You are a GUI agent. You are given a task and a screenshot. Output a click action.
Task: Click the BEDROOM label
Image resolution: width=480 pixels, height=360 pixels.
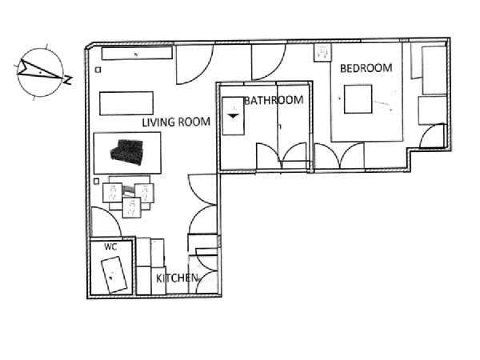366,68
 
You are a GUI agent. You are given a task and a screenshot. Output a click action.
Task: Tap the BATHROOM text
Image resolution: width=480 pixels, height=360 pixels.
274,100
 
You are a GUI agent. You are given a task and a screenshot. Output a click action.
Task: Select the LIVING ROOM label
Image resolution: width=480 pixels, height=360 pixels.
176,122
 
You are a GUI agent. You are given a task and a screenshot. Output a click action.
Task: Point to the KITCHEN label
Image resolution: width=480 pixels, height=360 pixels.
177,278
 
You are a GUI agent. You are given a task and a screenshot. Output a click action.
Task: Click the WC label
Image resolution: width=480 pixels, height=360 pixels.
110,246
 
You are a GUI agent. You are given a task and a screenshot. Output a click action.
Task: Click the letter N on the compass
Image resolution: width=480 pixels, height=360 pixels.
68,79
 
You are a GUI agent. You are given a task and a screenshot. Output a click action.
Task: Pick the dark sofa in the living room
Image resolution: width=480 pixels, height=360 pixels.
127,152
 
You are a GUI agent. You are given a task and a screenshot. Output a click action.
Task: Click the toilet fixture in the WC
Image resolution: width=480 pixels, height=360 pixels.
114,274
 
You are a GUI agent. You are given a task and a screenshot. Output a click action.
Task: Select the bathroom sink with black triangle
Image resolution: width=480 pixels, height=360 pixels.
234,116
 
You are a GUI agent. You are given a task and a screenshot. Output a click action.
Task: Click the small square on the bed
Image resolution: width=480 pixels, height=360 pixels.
358,99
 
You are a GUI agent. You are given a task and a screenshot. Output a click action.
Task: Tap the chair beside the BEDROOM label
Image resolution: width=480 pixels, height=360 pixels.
323,53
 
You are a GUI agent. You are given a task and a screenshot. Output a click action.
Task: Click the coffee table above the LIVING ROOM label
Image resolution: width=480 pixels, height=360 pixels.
126,103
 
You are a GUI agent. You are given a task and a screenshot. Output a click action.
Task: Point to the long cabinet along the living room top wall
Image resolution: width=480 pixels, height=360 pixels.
137,54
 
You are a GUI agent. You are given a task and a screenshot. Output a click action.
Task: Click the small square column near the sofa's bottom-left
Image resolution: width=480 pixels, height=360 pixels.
96,182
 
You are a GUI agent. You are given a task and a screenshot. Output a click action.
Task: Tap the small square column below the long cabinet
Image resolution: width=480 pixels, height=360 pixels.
98,70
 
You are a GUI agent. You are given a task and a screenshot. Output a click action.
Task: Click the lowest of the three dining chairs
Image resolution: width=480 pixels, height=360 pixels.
132,207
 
